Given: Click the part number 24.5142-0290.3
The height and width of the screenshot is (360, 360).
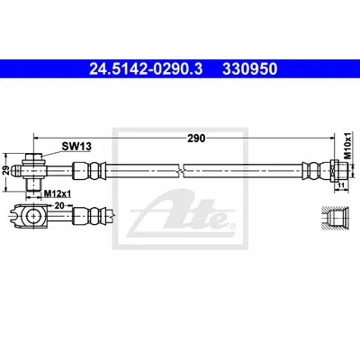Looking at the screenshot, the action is (146, 69).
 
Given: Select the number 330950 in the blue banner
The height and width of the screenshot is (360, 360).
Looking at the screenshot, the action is (249, 69).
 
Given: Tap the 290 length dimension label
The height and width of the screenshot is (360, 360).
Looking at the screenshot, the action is (196, 139).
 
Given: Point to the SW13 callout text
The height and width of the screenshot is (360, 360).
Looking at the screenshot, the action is (76, 147).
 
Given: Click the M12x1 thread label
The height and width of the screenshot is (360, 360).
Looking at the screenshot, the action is (58, 194).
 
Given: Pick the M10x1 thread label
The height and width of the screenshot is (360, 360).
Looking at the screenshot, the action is (347, 146).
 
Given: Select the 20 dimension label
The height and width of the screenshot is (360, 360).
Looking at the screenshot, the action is (59, 206).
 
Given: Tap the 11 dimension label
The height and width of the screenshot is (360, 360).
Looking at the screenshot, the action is (341, 185).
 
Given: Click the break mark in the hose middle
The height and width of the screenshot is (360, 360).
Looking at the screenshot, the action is (181, 171).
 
